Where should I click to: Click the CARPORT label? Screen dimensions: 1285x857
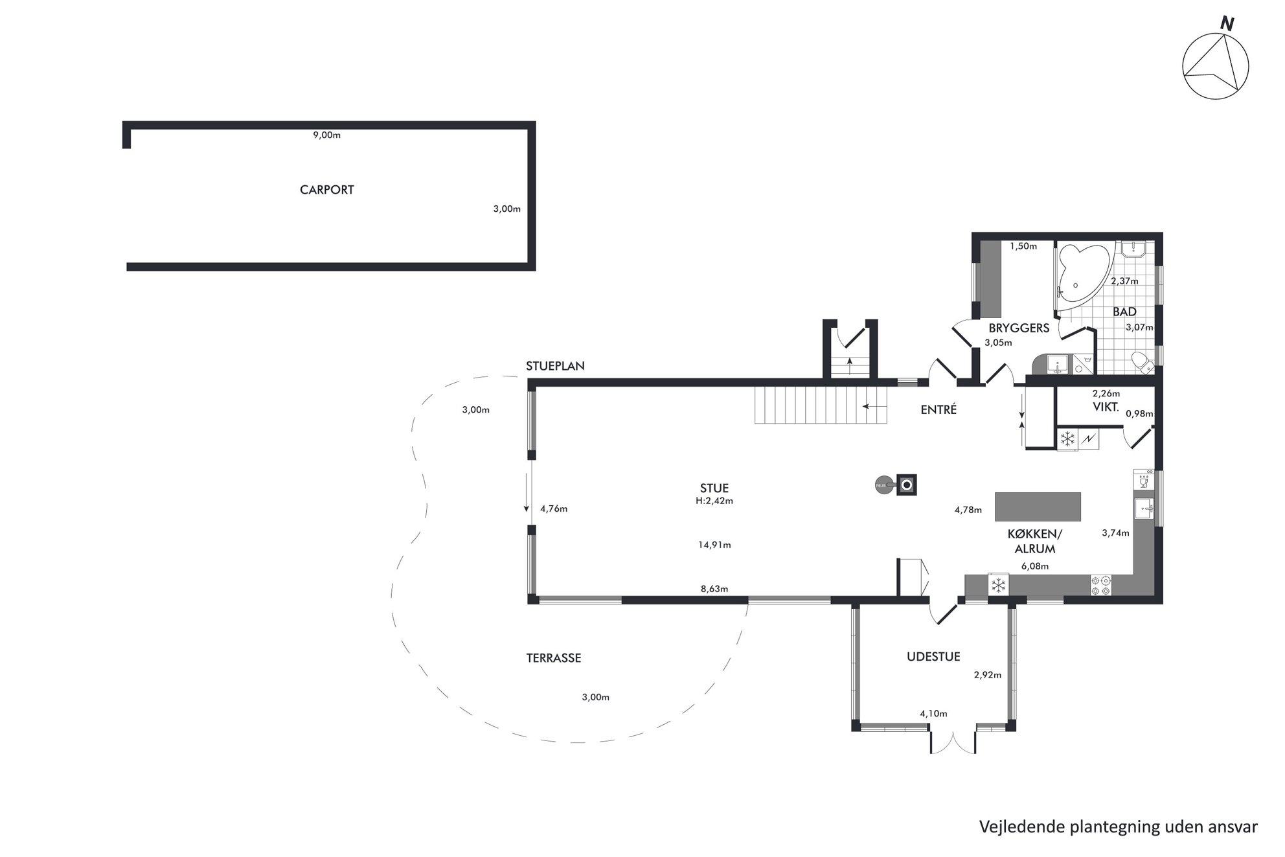pyautogui.click(x=326, y=190)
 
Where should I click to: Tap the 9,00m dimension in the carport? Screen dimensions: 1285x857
pyautogui.click(x=326, y=135)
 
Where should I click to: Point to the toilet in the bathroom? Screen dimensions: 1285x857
pyautogui.click(x=1143, y=363)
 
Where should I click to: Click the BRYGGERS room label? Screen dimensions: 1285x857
pyautogui.click(x=1019, y=328)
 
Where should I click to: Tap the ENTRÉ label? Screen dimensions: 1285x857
pyautogui.click(x=938, y=409)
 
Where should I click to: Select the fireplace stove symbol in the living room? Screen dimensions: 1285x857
pyautogui.click(x=906, y=485)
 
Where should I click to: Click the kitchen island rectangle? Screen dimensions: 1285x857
pyautogui.click(x=1038, y=507)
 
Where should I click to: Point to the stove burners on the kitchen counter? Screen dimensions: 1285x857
pyautogui.click(x=1100, y=585)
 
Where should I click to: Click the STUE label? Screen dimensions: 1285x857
pyautogui.click(x=714, y=488)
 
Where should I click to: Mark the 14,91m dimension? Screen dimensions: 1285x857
pyautogui.click(x=714, y=545)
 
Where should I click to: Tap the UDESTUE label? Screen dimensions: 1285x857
pyautogui.click(x=933, y=657)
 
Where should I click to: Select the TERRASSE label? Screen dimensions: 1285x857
pyautogui.click(x=553, y=658)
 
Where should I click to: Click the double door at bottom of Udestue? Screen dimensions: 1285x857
pyautogui.click(x=952, y=742)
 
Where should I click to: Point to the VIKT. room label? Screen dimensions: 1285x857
pyautogui.click(x=1106, y=407)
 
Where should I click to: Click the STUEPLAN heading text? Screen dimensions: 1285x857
pyautogui.click(x=555, y=366)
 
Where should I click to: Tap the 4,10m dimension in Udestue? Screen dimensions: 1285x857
pyautogui.click(x=933, y=714)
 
